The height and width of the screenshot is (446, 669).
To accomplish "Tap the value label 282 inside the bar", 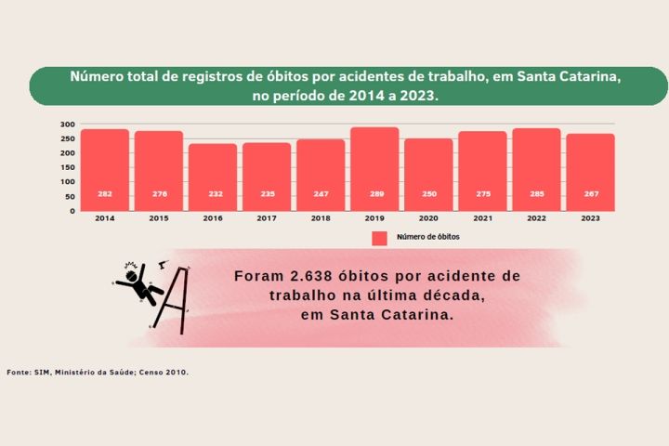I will coord(105,194).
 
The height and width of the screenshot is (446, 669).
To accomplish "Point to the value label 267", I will coord(590,194).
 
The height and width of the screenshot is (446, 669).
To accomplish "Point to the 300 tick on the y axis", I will coord(67,125).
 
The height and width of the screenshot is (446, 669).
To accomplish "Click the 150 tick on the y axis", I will coord(67,167).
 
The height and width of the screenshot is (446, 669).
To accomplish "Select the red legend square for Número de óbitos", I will coord(379,238).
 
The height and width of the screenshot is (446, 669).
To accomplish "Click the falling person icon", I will coord(138,283).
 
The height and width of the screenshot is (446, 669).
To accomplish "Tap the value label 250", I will coord(428,194).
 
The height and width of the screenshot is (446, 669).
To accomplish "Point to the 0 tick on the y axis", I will coord(72,211).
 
